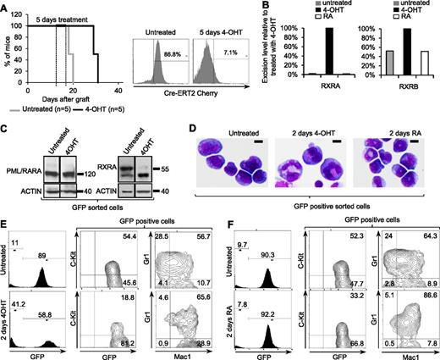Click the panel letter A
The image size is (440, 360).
point(6,7)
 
